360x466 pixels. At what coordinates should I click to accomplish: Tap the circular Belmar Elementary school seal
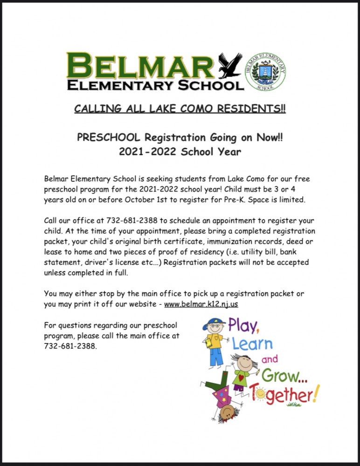point(265,71)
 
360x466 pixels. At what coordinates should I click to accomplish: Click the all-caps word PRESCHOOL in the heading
point(109,137)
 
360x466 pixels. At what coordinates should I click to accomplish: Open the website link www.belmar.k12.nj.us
point(201,304)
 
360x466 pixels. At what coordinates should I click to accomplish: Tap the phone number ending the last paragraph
point(70,346)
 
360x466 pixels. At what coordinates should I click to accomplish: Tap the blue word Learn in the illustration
point(252,345)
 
